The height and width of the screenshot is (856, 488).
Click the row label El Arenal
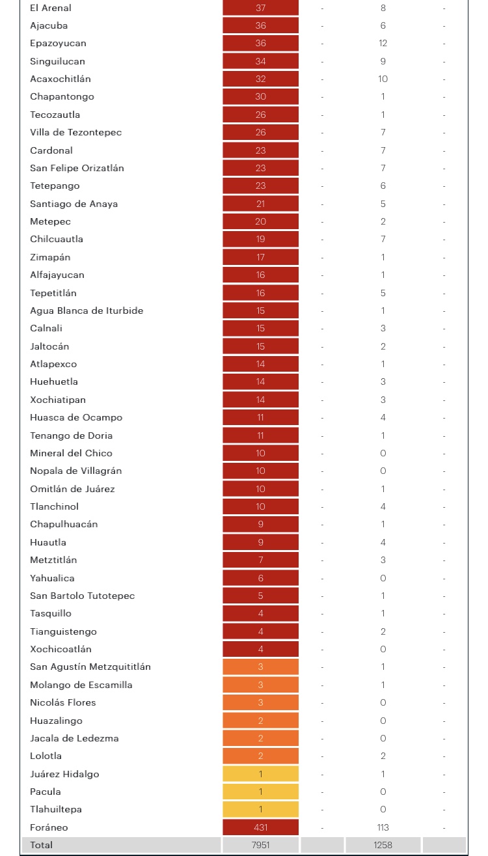(x=50, y=8)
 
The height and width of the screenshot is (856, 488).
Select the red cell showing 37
(x=260, y=8)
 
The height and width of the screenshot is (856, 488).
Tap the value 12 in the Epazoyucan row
(x=383, y=43)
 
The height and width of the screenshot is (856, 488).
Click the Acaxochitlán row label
(x=61, y=79)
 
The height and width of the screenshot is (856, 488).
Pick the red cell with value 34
(x=260, y=61)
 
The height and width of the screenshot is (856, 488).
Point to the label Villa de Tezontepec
(x=75, y=132)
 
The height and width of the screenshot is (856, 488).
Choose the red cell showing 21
(x=260, y=204)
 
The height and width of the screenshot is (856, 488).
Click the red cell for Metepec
(x=260, y=221)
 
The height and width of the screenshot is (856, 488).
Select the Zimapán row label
(x=50, y=257)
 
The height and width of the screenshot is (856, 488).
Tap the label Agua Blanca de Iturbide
(x=87, y=311)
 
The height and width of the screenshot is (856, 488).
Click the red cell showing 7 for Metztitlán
(x=260, y=560)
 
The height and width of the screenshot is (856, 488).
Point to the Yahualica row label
(x=52, y=578)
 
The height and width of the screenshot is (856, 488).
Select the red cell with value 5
(x=260, y=596)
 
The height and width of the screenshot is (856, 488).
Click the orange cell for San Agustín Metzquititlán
(x=260, y=667)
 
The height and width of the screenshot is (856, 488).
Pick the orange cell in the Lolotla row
(x=260, y=756)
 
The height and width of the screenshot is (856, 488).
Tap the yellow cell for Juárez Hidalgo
(x=260, y=774)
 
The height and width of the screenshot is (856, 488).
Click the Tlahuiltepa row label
(x=56, y=809)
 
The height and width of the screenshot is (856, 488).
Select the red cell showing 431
(x=260, y=827)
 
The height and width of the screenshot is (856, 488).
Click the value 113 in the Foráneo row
(x=383, y=827)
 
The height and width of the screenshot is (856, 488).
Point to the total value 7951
(x=260, y=845)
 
